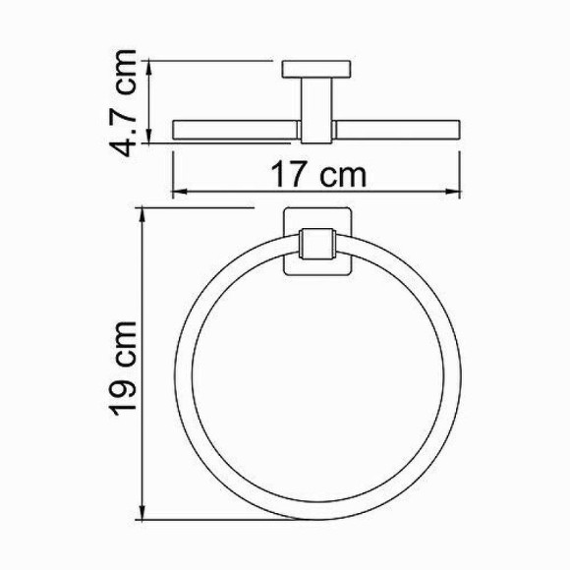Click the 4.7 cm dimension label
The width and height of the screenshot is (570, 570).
tap(126, 102)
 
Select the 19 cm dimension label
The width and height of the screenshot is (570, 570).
tap(126, 367)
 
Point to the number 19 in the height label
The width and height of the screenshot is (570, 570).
tap(126, 393)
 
